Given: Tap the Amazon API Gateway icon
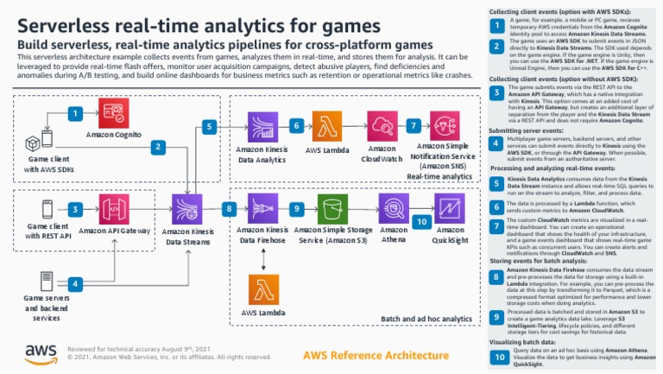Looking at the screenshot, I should (114, 208).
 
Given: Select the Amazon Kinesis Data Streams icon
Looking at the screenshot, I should (187, 208).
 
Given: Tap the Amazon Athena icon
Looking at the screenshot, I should (394, 208).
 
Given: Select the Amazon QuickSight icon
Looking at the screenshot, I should (449, 208).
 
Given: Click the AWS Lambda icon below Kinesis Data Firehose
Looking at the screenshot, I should (262, 289).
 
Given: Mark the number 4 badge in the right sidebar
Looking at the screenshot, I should (496, 141).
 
